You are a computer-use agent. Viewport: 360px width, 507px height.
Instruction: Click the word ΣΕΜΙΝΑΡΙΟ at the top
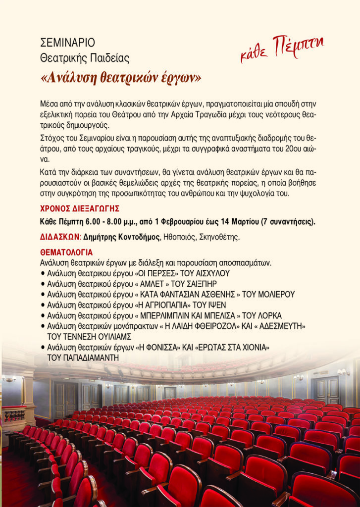tap(67, 43)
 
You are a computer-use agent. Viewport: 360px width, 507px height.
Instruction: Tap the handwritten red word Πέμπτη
tap(298, 48)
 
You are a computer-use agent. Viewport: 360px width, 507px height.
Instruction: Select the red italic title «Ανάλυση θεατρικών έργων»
tap(121, 78)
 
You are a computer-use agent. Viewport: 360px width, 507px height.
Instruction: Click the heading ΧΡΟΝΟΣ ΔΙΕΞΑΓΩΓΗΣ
tap(79, 208)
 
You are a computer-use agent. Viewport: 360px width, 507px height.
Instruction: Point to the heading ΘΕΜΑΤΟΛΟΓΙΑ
tap(66, 253)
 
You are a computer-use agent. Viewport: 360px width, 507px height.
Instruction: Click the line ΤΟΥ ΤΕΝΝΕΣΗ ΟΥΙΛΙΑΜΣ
tap(89, 337)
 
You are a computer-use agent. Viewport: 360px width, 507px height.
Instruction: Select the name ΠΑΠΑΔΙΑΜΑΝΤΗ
tap(83, 357)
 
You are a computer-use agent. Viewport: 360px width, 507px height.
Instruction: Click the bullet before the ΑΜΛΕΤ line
tap(43, 284)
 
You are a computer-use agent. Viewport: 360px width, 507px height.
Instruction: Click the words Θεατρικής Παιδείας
tap(85, 58)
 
